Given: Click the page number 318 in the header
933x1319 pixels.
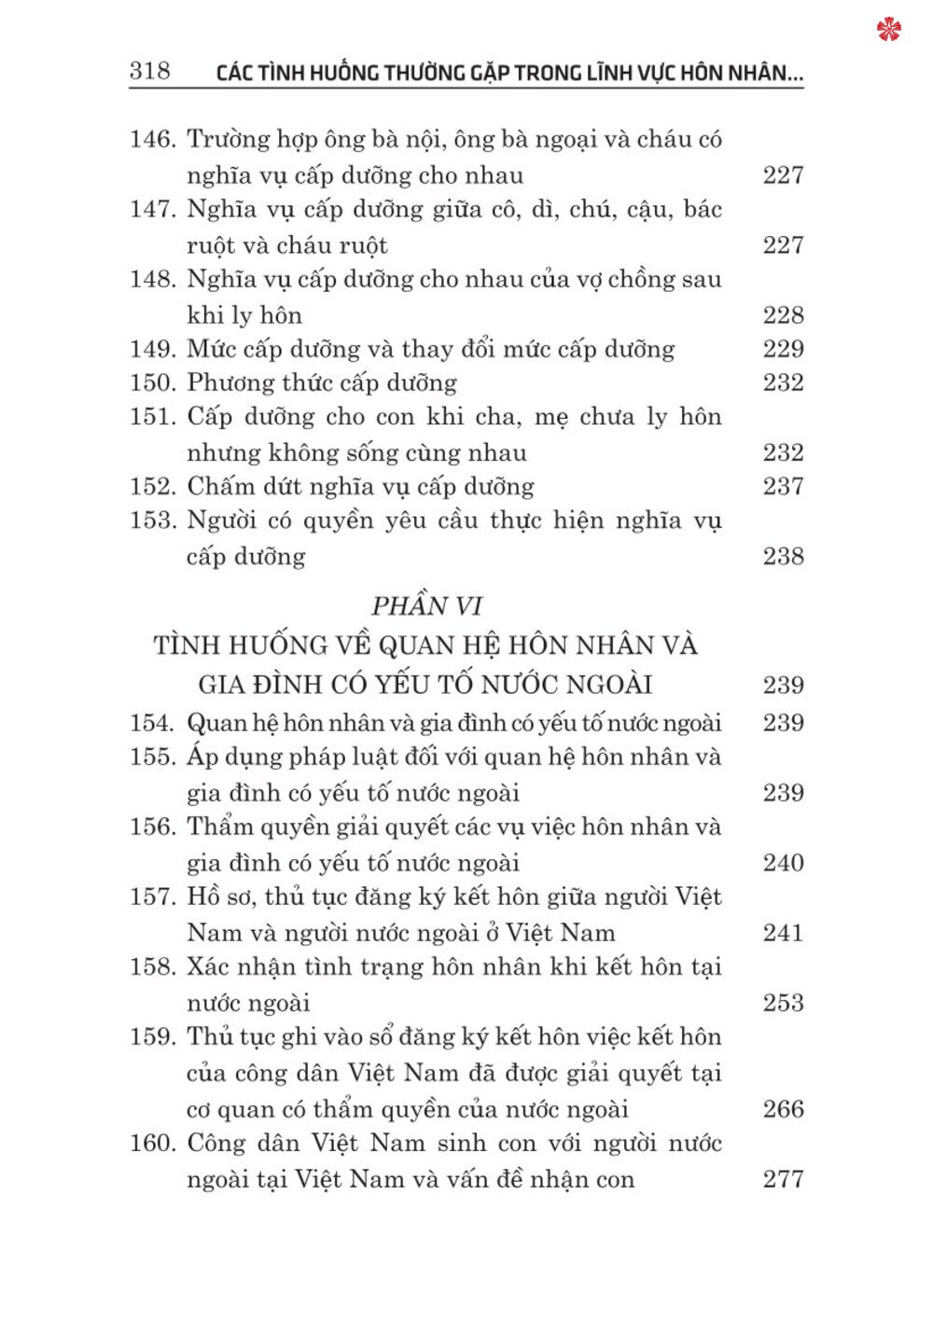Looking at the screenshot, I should click(x=149, y=71).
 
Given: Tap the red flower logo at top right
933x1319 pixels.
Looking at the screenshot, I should click(x=889, y=30).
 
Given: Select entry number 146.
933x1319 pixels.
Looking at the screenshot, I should click(x=152, y=140).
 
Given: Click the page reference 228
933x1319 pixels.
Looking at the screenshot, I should click(x=783, y=315).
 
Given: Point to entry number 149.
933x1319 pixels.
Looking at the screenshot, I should click(x=152, y=350).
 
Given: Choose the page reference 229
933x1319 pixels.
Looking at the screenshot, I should click(x=783, y=350).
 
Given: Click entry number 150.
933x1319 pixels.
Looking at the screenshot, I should click(x=152, y=383).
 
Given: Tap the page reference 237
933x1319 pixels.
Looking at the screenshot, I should click(x=783, y=487).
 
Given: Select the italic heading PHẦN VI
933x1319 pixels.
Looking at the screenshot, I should click(x=426, y=606).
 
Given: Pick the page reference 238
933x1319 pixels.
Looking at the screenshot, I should click(x=783, y=557).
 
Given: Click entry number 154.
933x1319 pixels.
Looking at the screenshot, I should click(x=152, y=724).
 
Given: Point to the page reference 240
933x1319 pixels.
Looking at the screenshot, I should click(x=783, y=863).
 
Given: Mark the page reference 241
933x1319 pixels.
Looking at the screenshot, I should click(x=783, y=933).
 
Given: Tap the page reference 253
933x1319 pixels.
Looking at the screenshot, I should click(x=783, y=1003).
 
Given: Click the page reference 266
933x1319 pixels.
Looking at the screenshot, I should click(x=783, y=1109).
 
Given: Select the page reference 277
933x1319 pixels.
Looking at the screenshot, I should click(x=783, y=1179).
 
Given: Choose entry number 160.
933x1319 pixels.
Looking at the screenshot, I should click(x=152, y=1144).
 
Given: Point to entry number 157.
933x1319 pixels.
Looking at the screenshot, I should click(x=152, y=897).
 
